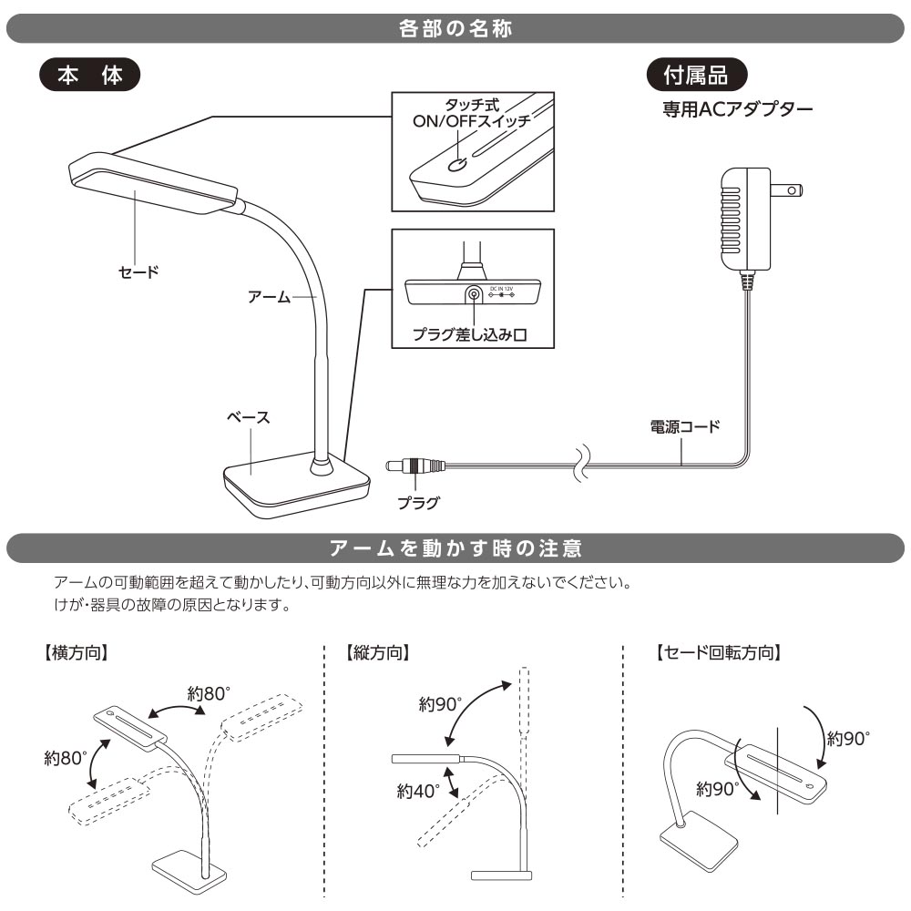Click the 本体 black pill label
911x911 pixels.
point(90,75)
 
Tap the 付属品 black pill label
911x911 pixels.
point(697,75)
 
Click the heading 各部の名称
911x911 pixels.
point(455,28)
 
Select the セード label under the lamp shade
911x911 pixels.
point(138,271)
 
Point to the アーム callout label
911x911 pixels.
point(269,297)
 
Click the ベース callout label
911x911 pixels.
point(248,417)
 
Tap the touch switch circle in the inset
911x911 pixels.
point(457,165)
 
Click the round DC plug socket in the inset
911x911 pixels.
point(474,294)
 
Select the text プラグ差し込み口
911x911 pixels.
point(469,334)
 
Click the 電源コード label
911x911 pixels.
point(685,427)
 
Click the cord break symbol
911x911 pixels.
point(582,465)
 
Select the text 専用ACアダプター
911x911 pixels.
point(738,109)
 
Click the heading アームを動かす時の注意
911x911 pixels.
point(455,548)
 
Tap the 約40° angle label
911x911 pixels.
point(418,790)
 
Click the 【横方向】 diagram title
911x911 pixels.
point(77,652)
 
